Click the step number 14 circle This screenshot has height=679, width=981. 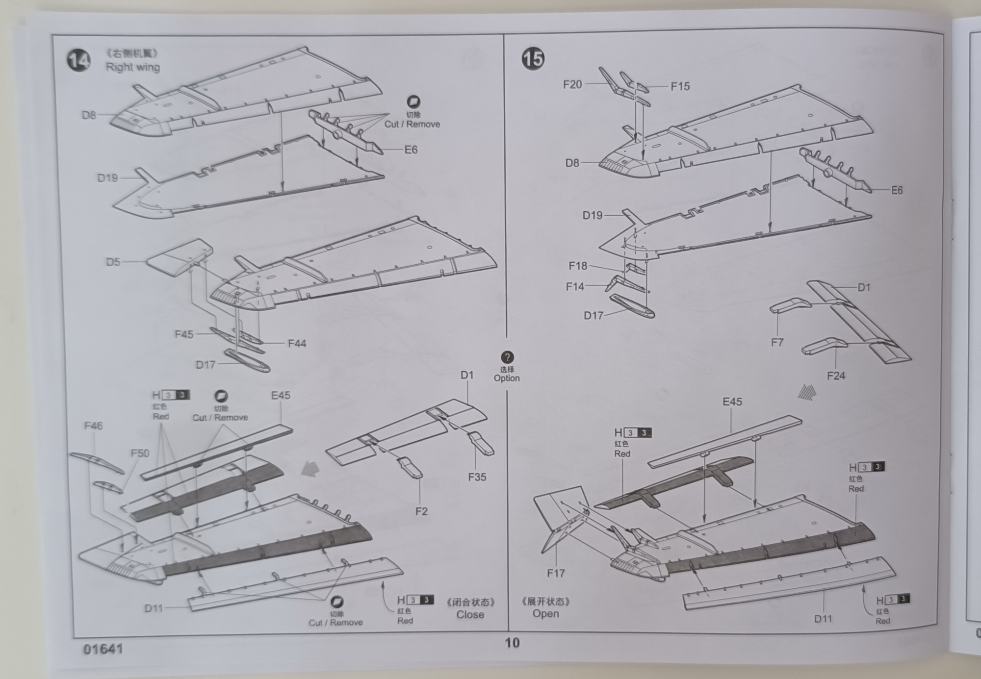pos(78,61)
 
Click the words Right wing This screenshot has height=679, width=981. pos(133,67)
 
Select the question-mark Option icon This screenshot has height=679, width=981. pos(507,357)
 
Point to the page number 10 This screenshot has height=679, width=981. pos(512,643)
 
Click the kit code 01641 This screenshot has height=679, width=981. pos(103,649)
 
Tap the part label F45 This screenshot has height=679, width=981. pos(184,334)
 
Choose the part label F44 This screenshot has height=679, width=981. pos(297,344)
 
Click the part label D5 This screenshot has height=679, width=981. pos(113,262)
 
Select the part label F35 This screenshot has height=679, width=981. pos(477,477)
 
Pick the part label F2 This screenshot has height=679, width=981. pos(421,511)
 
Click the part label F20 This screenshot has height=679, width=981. pos(572,85)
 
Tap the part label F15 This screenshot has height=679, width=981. pos(680,87)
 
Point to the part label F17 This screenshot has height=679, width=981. pos(556,573)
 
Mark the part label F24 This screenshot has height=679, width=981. pos(836,376)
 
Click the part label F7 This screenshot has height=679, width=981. pos(777,343)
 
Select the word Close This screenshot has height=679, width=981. pos(470,615)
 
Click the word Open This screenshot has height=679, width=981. pos(545,614)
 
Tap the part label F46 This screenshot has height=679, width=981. pos(93,426)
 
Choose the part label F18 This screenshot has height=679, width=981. pos(577,266)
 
